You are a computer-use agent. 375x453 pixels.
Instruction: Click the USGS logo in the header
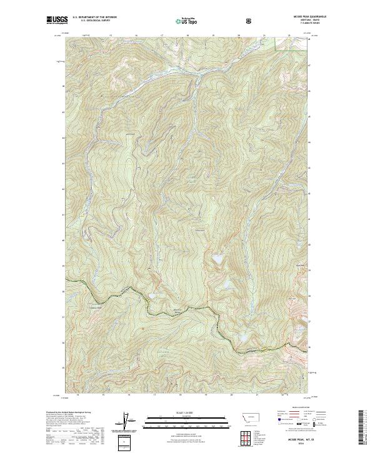[x=57, y=21]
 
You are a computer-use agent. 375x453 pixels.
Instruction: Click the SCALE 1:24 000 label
[x=179, y=414]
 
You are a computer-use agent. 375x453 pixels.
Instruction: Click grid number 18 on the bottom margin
[x=180, y=395]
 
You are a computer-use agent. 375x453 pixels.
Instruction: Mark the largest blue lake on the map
[x=218, y=257]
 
